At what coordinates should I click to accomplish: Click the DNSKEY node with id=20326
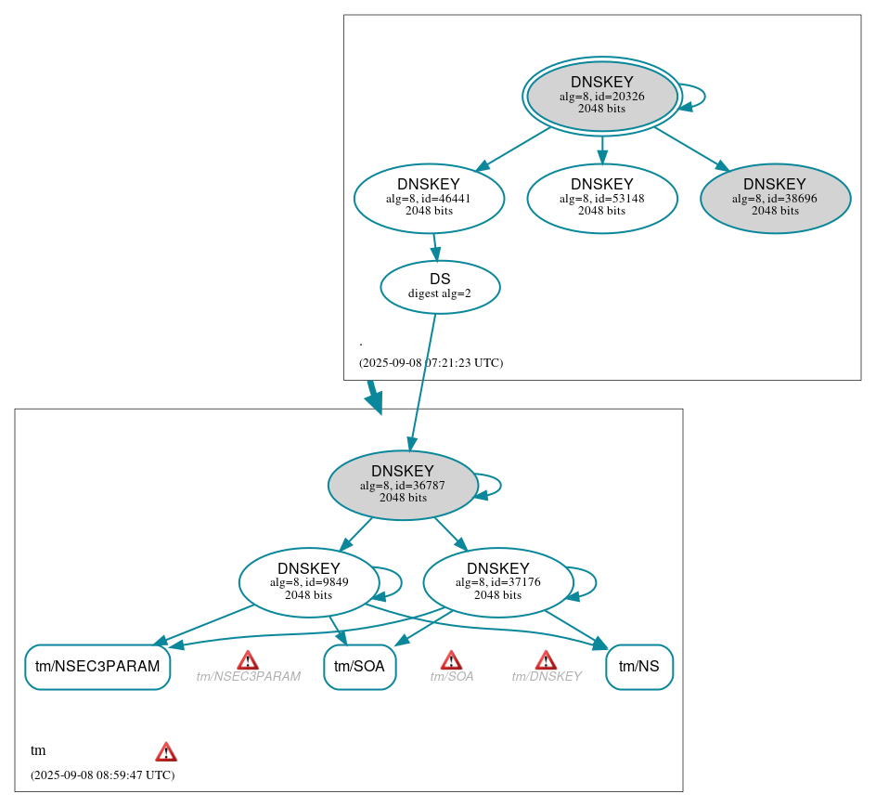tap(601, 96)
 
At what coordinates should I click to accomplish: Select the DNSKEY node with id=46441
tap(429, 198)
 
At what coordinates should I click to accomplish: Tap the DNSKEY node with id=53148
tap(601, 198)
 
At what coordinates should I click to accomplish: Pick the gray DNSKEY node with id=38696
tap(775, 198)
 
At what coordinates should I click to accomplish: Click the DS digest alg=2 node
tap(440, 287)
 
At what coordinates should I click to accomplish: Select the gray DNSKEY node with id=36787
tap(403, 485)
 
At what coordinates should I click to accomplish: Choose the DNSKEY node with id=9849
tap(308, 582)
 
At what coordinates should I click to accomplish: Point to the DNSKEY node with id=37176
tap(497, 582)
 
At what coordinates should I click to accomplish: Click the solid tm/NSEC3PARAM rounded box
tap(97, 667)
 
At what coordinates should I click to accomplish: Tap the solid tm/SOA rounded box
tap(360, 667)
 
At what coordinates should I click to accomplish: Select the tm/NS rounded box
tap(638, 667)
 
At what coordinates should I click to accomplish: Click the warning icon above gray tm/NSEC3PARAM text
tap(248, 660)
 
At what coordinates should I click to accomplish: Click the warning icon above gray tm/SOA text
tap(451, 660)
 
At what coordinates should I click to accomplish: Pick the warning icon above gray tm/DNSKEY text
tap(546, 660)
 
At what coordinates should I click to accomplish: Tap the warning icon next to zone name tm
tap(166, 751)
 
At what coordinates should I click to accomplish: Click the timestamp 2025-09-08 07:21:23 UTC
tap(431, 363)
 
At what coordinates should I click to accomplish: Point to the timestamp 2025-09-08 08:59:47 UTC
tap(102, 774)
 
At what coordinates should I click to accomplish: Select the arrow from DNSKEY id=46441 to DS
tap(434, 247)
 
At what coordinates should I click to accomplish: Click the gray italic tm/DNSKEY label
tap(547, 677)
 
